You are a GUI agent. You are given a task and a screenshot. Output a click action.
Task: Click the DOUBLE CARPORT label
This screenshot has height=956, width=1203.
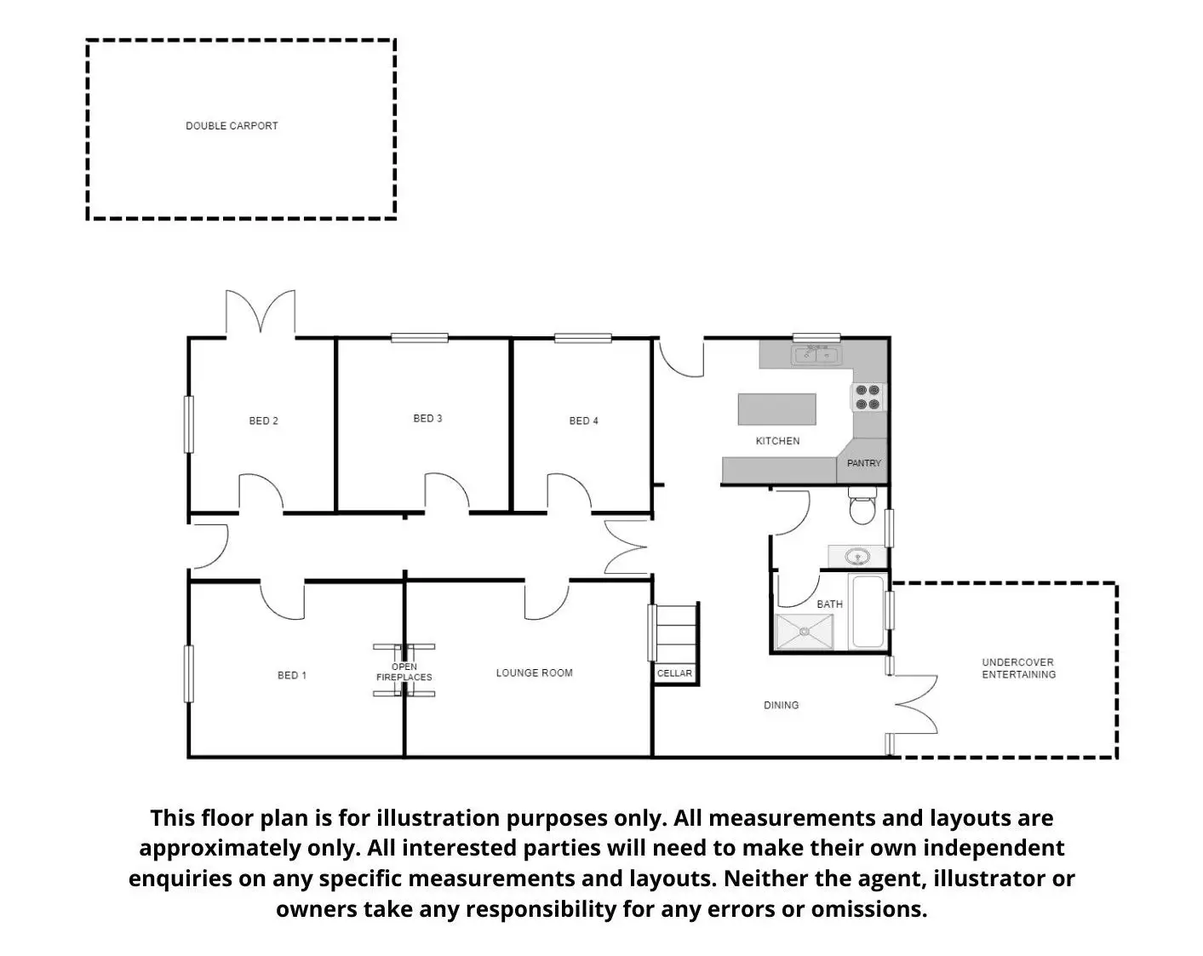click(x=232, y=126)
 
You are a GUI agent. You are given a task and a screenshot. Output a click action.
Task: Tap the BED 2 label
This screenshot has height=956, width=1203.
click(x=264, y=421)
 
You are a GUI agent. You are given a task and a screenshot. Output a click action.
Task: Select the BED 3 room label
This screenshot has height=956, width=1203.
click(x=427, y=418)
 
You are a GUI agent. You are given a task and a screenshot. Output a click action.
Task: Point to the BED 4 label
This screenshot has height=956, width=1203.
click(x=584, y=421)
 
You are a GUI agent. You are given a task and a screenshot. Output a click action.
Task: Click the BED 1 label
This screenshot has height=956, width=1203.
click(x=292, y=675)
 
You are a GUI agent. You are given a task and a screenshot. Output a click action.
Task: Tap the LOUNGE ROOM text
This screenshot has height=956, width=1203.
click(x=535, y=673)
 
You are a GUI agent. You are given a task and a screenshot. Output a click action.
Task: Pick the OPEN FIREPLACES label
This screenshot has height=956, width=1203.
click(x=404, y=672)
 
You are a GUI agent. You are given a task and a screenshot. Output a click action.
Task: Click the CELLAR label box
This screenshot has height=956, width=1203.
click(x=675, y=673)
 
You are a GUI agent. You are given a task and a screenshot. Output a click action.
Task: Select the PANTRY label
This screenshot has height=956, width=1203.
click(x=864, y=463)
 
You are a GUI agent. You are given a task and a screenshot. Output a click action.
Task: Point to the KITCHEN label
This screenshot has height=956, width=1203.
click(x=778, y=441)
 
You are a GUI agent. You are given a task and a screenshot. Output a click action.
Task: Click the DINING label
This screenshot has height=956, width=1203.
click(x=782, y=705)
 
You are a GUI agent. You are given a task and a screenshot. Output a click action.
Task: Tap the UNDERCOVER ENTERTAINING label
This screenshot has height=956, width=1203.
click(x=1018, y=668)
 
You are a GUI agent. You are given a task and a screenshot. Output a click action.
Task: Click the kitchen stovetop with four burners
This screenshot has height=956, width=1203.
click(x=868, y=398)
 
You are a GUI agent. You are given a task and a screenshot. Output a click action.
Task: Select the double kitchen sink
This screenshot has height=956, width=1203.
click(x=816, y=354)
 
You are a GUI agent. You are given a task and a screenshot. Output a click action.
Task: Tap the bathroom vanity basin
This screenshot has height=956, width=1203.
click(x=858, y=558)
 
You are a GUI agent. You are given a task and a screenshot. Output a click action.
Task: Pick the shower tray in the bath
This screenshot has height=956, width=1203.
click(x=806, y=632)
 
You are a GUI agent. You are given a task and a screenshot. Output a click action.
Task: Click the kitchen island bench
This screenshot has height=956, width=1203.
click(x=776, y=409)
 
